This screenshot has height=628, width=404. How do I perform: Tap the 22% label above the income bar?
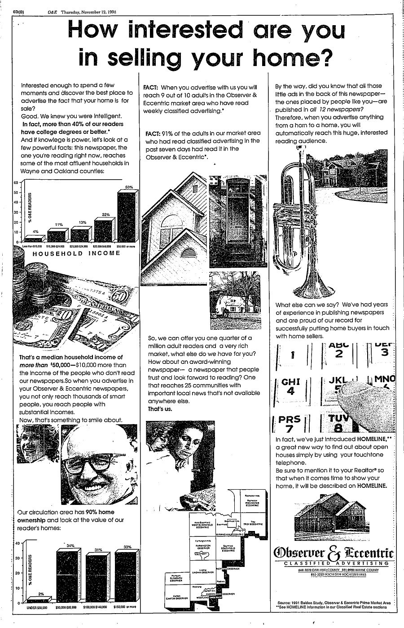click(x=106, y=214)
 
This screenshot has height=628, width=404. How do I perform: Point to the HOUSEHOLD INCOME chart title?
click(x=77, y=253)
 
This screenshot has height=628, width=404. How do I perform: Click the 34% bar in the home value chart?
click(x=70, y=575)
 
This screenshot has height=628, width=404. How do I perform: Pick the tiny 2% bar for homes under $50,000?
click(x=40, y=600)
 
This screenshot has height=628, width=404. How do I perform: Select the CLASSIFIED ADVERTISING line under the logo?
click(x=334, y=563)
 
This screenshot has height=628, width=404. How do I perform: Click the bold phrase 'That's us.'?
click(x=160, y=409)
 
